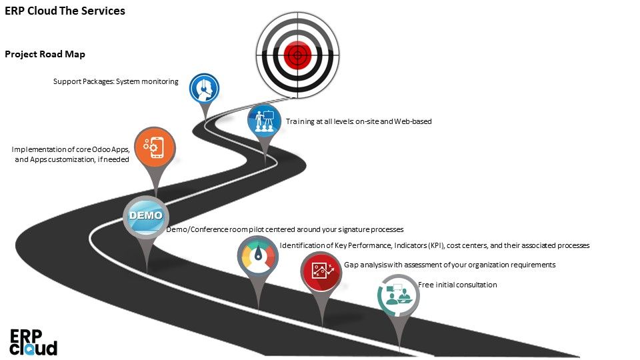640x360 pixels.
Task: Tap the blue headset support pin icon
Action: pos(204,88)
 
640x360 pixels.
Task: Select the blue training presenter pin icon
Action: pos(264,120)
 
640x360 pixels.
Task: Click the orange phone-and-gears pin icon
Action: pos(155,147)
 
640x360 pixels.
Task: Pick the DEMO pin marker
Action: pos(145,216)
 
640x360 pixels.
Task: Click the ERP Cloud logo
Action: pos(33,341)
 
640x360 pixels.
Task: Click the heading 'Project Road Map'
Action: pos(45,54)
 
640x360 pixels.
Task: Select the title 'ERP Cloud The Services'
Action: pos(65,11)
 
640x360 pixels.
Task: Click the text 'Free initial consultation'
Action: pos(457,285)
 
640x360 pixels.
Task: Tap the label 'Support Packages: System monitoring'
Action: pos(115,81)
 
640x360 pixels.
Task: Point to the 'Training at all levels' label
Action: pos(359,121)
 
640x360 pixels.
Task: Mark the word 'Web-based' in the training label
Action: pos(414,121)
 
